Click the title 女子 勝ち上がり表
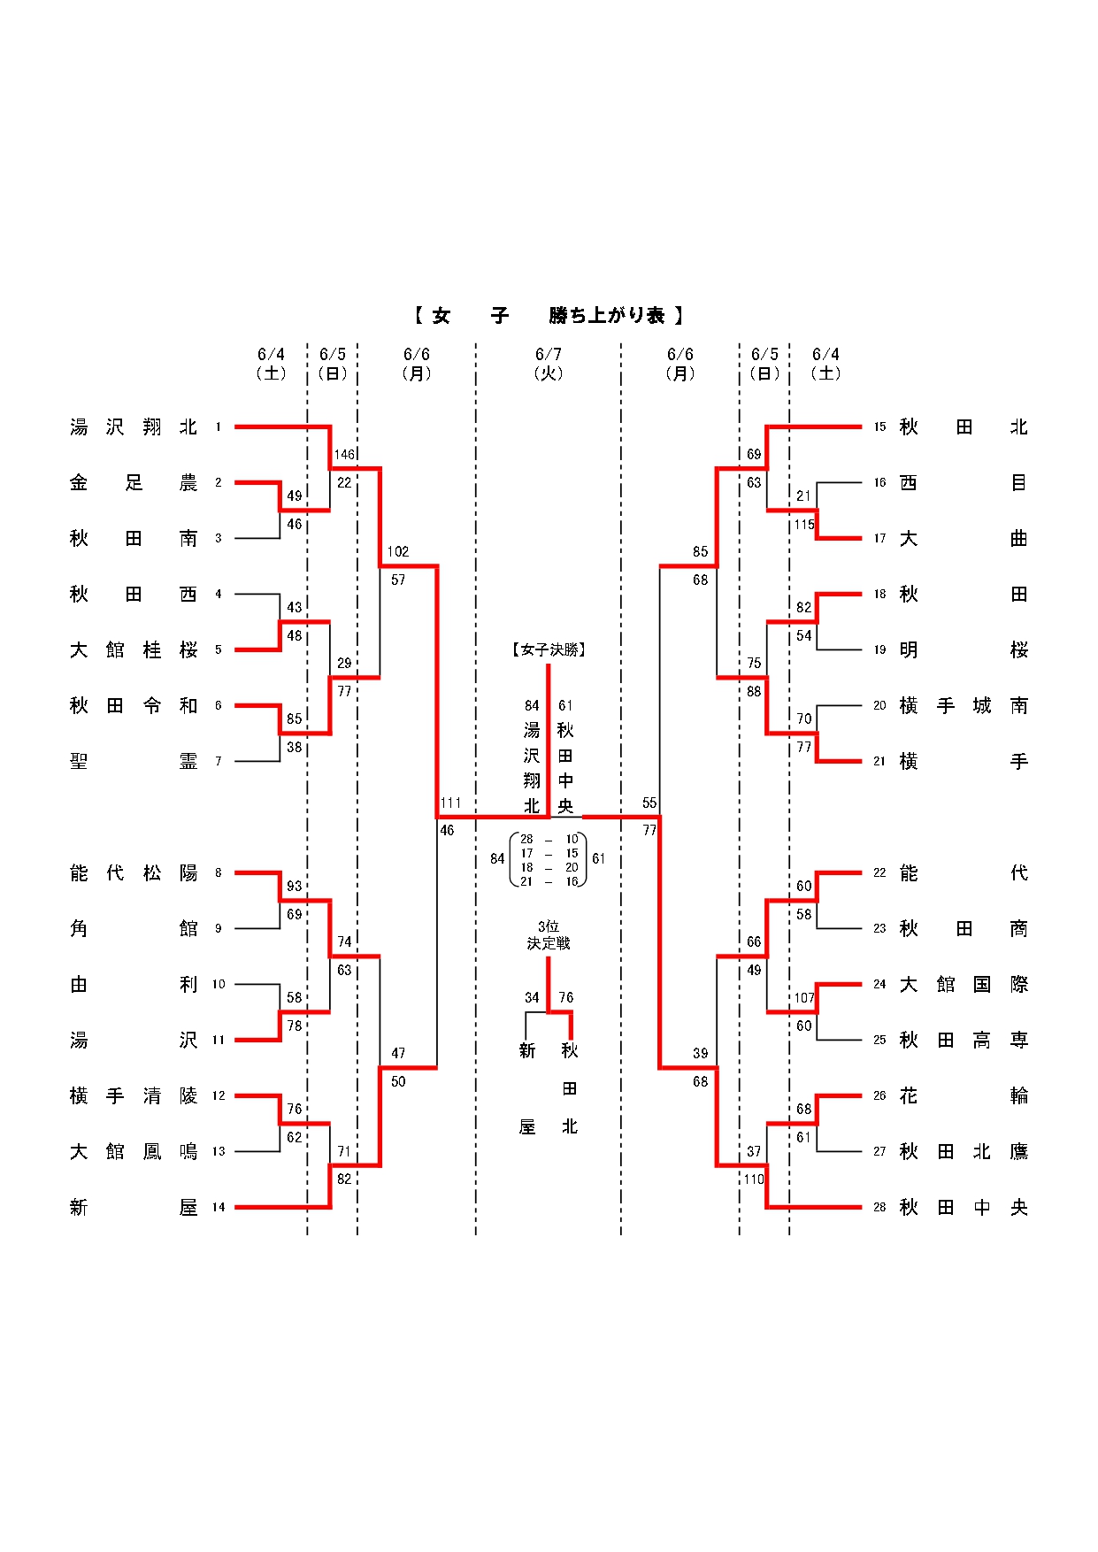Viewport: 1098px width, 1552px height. tap(548, 315)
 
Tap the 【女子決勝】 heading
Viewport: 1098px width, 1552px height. tap(549, 649)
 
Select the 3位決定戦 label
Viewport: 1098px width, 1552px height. tap(549, 935)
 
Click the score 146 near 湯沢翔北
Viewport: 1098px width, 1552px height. tap(344, 455)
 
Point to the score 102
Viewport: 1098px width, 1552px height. tap(398, 551)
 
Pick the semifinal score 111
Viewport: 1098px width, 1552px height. tap(450, 803)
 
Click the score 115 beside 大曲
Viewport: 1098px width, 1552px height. tap(803, 525)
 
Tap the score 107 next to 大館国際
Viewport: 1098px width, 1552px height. tap(803, 998)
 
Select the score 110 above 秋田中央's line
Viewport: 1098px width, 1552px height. tap(754, 1179)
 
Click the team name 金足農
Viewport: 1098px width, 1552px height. tap(134, 482)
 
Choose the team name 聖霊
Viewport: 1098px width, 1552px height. tap(134, 761)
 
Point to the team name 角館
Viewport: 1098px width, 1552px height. tap(134, 928)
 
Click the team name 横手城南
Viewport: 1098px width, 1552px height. tap(964, 705)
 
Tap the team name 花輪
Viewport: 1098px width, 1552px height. tap(964, 1095)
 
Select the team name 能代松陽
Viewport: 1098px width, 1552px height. tap(134, 873)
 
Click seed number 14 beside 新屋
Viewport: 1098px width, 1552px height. tap(219, 1207)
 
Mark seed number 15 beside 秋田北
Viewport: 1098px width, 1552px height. tap(879, 426)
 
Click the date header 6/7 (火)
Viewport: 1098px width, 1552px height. tap(549, 364)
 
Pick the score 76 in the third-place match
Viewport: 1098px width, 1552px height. tap(566, 997)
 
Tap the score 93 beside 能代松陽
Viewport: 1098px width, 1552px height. tap(295, 886)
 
